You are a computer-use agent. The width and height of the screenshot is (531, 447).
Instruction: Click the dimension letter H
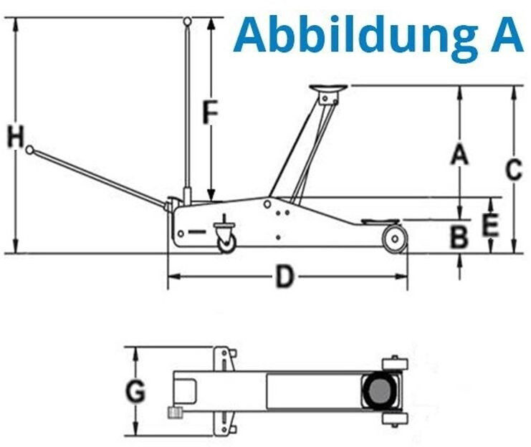tap(16, 137)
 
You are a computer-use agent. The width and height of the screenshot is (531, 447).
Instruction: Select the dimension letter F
tap(210, 112)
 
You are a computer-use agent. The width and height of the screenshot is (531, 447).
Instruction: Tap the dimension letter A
tap(459, 154)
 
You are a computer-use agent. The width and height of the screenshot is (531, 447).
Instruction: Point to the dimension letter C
tap(514, 169)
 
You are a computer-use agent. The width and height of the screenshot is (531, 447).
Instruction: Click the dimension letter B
tap(459, 236)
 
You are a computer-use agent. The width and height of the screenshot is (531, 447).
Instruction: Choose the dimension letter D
tap(284, 277)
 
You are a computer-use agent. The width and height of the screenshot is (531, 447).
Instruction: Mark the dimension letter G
tap(135, 392)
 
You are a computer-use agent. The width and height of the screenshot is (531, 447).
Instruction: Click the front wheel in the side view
tap(395, 239)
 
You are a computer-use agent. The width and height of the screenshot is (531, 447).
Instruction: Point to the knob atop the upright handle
tap(187, 21)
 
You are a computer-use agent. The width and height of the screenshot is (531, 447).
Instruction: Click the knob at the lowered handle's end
tap(30, 150)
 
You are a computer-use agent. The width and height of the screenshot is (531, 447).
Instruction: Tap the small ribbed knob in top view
tap(176, 412)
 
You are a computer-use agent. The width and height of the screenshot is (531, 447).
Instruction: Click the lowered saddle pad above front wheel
tap(381, 222)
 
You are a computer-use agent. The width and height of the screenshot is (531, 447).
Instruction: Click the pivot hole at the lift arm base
tap(267, 204)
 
